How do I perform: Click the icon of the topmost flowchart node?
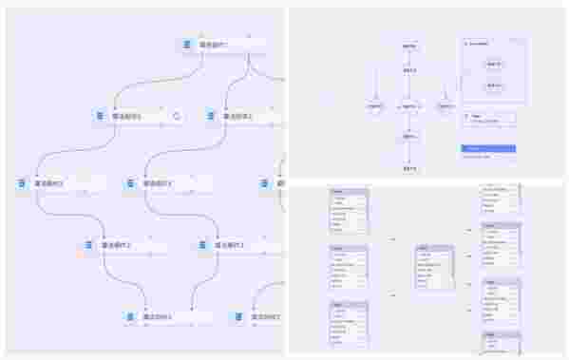click(187, 45)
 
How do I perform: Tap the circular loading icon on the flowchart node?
click(177, 116)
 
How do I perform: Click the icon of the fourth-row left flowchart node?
click(88, 245)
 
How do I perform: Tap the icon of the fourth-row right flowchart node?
click(202, 245)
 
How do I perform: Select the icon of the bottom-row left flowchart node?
click(131, 315)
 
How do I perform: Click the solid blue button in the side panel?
click(488, 148)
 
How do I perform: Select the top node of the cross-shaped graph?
click(408, 46)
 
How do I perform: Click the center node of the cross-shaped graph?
click(408, 106)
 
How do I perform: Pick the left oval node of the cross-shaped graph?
click(375, 106)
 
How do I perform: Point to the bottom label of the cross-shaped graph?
click(408, 168)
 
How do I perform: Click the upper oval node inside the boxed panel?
click(494, 64)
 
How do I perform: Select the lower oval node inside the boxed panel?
click(494, 85)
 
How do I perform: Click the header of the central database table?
click(434, 249)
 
